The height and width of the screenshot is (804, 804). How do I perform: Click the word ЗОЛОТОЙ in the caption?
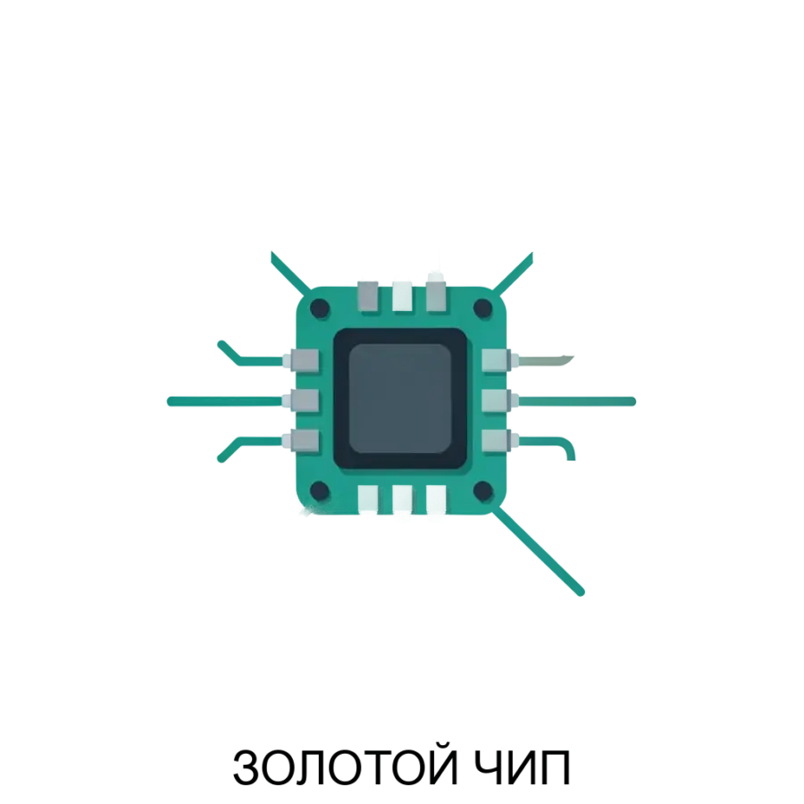pyautogui.click(x=345, y=767)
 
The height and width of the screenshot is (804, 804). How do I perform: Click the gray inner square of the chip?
pyautogui.click(x=399, y=398)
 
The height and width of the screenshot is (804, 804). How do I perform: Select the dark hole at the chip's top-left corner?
pyautogui.click(x=320, y=308)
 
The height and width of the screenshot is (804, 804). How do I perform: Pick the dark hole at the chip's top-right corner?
pyautogui.click(x=482, y=308)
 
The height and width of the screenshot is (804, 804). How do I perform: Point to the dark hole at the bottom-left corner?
pyautogui.click(x=320, y=490)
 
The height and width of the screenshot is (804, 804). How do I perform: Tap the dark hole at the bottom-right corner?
pyautogui.click(x=482, y=490)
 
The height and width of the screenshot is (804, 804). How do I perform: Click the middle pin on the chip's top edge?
pyautogui.click(x=402, y=296)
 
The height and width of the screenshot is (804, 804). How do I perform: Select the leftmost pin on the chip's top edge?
pyautogui.click(x=368, y=296)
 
